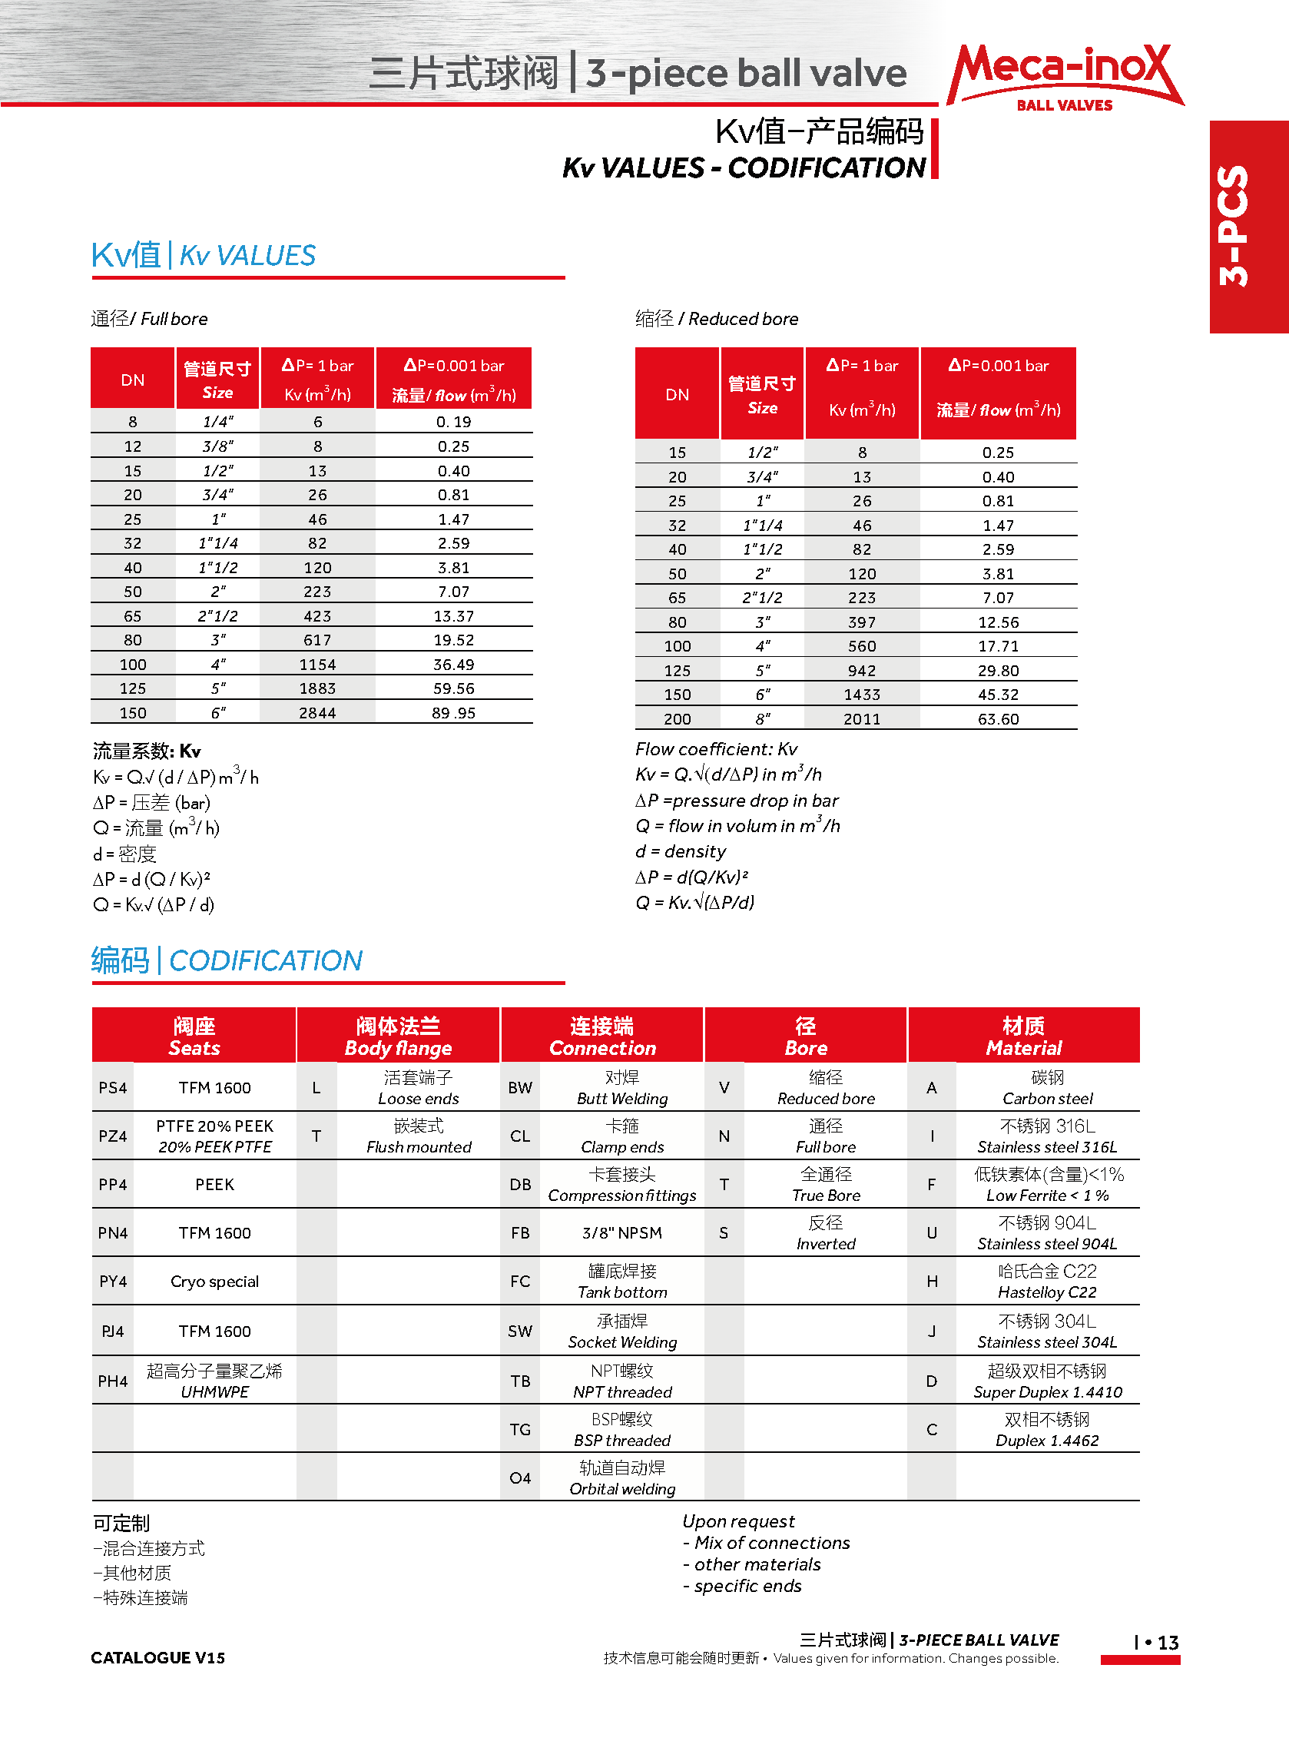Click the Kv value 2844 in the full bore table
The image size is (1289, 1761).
316,712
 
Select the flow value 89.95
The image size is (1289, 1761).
453,712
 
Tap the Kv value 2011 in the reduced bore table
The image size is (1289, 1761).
861,718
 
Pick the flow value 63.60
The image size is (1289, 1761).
998,718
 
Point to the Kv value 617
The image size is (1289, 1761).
316,640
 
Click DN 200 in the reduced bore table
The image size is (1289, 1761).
677,718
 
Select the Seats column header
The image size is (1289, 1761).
194,1036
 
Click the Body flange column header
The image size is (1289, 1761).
398,1036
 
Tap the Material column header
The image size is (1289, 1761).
1024,1036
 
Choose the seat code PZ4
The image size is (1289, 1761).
112,1136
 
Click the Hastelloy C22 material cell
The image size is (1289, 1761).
1047,1281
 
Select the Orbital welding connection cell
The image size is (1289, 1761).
622,1477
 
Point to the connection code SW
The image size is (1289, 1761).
519,1331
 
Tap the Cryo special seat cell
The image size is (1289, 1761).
214,1281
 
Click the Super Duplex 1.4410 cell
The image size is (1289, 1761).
1047,1381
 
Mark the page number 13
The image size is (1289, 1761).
1168,1643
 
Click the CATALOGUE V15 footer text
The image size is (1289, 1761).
157,1657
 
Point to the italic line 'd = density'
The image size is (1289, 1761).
681,851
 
